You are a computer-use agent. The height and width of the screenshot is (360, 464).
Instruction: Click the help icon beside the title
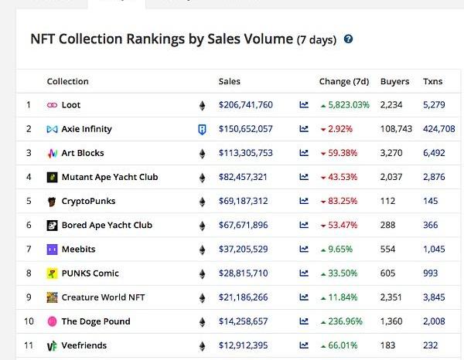click(x=349, y=39)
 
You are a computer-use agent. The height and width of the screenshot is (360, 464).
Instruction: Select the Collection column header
click(x=67, y=81)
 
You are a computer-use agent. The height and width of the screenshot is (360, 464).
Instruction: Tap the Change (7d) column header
click(x=344, y=81)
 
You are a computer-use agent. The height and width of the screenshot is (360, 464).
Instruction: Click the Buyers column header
click(x=394, y=81)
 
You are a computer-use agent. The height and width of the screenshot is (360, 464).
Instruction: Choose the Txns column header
click(x=433, y=81)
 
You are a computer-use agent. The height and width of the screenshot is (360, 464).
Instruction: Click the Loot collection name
click(x=71, y=105)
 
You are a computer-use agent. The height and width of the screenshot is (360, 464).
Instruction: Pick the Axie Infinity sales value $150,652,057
click(x=245, y=129)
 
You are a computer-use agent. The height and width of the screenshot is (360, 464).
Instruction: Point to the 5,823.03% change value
click(x=349, y=105)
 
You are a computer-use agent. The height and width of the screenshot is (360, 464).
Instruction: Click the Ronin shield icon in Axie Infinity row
click(x=202, y=129)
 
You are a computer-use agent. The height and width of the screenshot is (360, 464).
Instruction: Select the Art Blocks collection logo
click(x=52, y=153)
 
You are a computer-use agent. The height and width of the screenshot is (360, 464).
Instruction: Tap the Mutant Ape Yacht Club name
click(x=109, y=177)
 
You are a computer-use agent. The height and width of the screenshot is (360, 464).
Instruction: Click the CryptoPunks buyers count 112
click(x=387, y=202)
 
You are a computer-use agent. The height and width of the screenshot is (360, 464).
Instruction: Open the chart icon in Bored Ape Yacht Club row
click(x=304, y=226)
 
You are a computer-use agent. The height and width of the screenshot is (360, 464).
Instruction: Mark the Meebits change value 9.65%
click(x=341, y=250)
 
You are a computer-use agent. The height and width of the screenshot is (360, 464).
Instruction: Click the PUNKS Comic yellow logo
click(x=52, y=273)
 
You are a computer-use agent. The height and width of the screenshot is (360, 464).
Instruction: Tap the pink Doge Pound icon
click(x=52, y=321)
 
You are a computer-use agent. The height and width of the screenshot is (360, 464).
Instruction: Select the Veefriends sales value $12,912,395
click(x=243, y=345)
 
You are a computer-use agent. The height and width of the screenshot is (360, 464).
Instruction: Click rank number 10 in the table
click(x=29, y=321)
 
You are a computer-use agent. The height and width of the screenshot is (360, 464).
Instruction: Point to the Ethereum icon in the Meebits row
click(x=203, y=250)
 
